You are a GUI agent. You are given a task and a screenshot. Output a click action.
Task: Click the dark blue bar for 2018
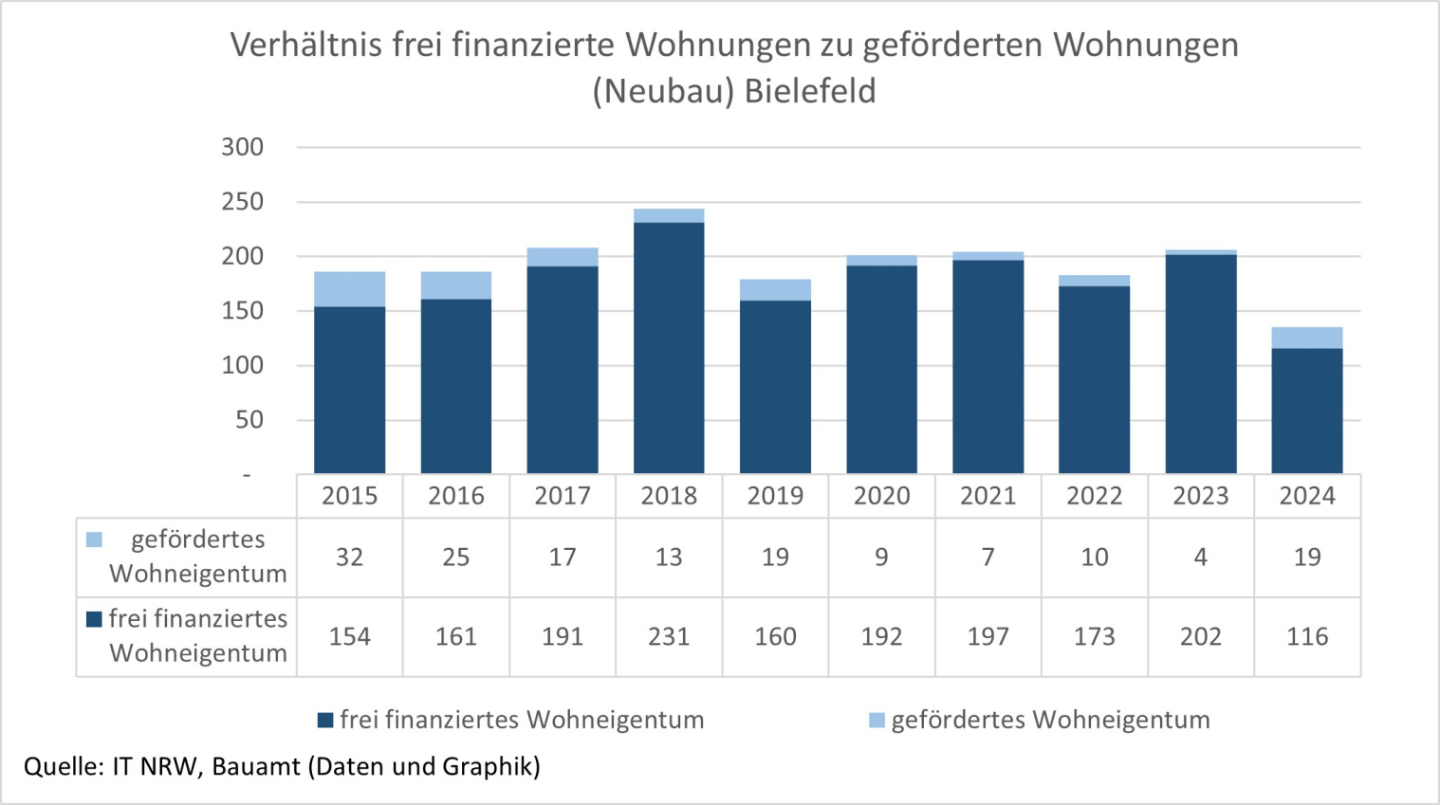669,348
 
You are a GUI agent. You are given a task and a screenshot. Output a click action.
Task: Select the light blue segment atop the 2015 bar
349,289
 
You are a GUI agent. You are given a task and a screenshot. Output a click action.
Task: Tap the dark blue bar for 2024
1306,411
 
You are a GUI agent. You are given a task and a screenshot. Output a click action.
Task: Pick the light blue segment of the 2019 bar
775,290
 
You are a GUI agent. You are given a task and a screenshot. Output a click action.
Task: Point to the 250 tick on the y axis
243,202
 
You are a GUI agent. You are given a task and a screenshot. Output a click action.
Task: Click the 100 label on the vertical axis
243,366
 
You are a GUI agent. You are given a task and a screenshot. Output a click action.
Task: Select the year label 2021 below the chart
988,496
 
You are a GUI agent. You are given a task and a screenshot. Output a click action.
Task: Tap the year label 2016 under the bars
455,496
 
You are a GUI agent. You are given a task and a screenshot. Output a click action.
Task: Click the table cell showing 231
669,636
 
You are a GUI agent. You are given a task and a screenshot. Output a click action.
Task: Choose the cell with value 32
349,558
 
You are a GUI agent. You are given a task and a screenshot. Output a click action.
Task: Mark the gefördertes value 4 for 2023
1200,558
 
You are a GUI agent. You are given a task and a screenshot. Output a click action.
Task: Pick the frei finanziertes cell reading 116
1306,636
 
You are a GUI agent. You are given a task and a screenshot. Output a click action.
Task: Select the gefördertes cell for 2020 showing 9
881,558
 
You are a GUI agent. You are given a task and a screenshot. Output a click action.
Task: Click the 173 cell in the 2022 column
1094,636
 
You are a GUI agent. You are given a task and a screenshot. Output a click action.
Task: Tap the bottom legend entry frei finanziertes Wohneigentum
521,720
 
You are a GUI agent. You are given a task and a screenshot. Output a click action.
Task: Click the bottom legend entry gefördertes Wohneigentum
1049,720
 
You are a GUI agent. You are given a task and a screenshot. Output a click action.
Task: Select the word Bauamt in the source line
255,766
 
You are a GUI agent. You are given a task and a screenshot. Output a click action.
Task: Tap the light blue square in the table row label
94,540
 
